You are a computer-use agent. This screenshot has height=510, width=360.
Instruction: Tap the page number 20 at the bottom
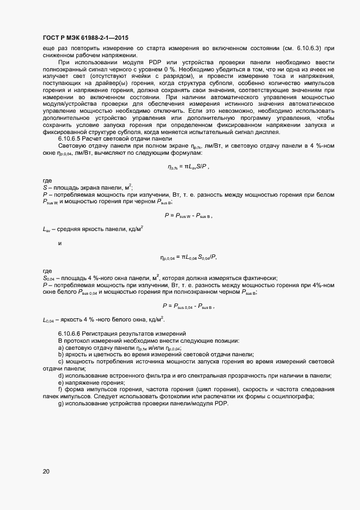point(46,471)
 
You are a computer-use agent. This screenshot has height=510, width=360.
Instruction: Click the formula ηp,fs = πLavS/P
point(188,167)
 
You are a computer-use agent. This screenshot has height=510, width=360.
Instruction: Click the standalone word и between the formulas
point(59,243)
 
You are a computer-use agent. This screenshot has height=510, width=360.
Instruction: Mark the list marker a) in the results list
point(60,348)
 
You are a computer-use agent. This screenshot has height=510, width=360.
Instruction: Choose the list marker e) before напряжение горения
point(60,383)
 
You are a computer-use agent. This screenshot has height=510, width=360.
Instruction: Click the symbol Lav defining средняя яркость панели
point(46,229)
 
